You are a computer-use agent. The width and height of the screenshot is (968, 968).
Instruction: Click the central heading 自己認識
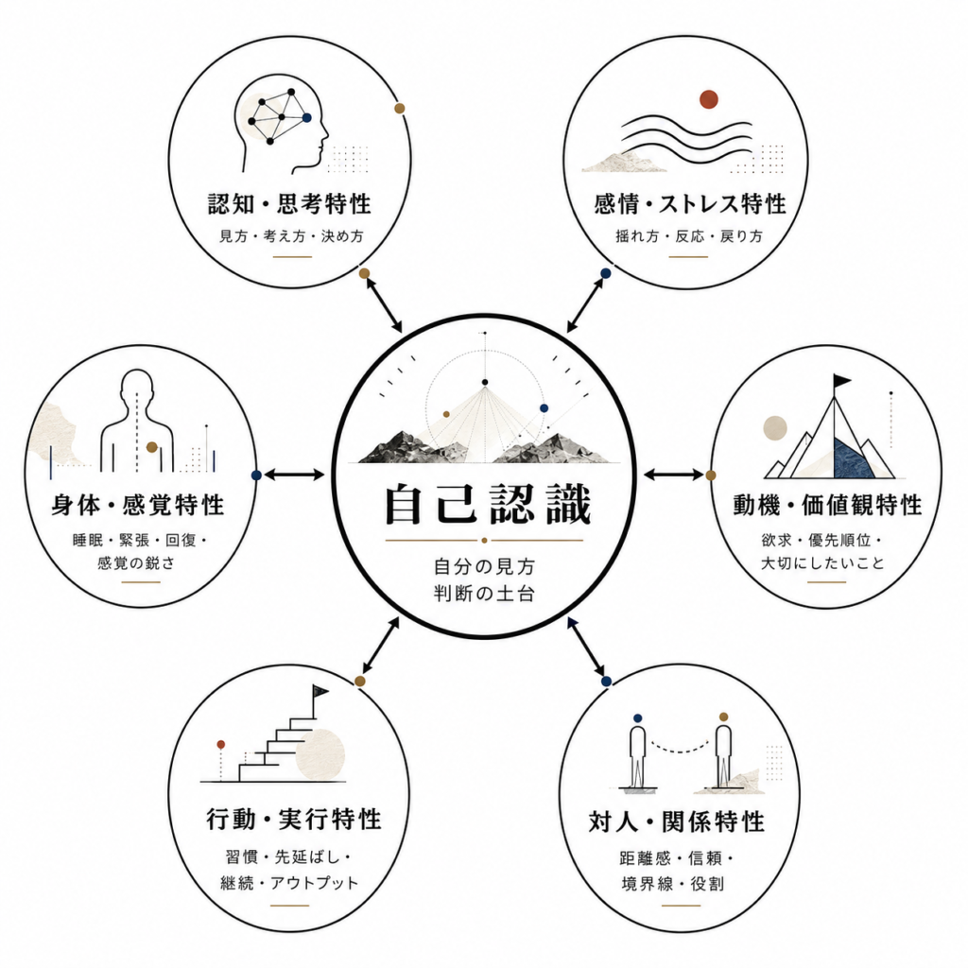click(488, 505)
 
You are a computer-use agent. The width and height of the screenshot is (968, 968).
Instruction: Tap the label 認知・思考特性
click(289, 204)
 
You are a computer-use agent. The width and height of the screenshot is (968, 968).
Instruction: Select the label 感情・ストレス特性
click(690, 204)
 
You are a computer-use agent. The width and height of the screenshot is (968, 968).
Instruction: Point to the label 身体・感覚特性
click(138, 505)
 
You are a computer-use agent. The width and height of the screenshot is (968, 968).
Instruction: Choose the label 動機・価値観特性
click(827, 505)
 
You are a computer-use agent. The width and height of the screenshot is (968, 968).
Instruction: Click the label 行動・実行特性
click(294, 820)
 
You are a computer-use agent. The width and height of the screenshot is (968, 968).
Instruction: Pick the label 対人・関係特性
click(677, 821)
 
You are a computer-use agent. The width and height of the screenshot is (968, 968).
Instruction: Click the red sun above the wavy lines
click(709, 98)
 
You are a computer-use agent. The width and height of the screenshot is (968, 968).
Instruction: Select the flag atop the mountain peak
click(841, 380)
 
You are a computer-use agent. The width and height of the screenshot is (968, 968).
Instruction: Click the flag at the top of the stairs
click(320, 691)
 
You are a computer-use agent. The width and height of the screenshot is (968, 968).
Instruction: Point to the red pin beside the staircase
click(221, 745)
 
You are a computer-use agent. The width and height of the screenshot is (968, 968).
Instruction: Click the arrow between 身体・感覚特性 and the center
click(294, 475)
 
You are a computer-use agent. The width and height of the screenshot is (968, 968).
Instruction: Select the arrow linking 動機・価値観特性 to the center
click(673, 475)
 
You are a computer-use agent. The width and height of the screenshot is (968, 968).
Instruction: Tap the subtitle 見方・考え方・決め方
click(292, 235)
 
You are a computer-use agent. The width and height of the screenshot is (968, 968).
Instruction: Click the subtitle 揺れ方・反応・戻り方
click(689, 235)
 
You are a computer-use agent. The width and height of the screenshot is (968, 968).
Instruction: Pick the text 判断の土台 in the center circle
click(485, 594)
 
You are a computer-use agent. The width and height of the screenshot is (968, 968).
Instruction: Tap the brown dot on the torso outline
click(152, 447)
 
